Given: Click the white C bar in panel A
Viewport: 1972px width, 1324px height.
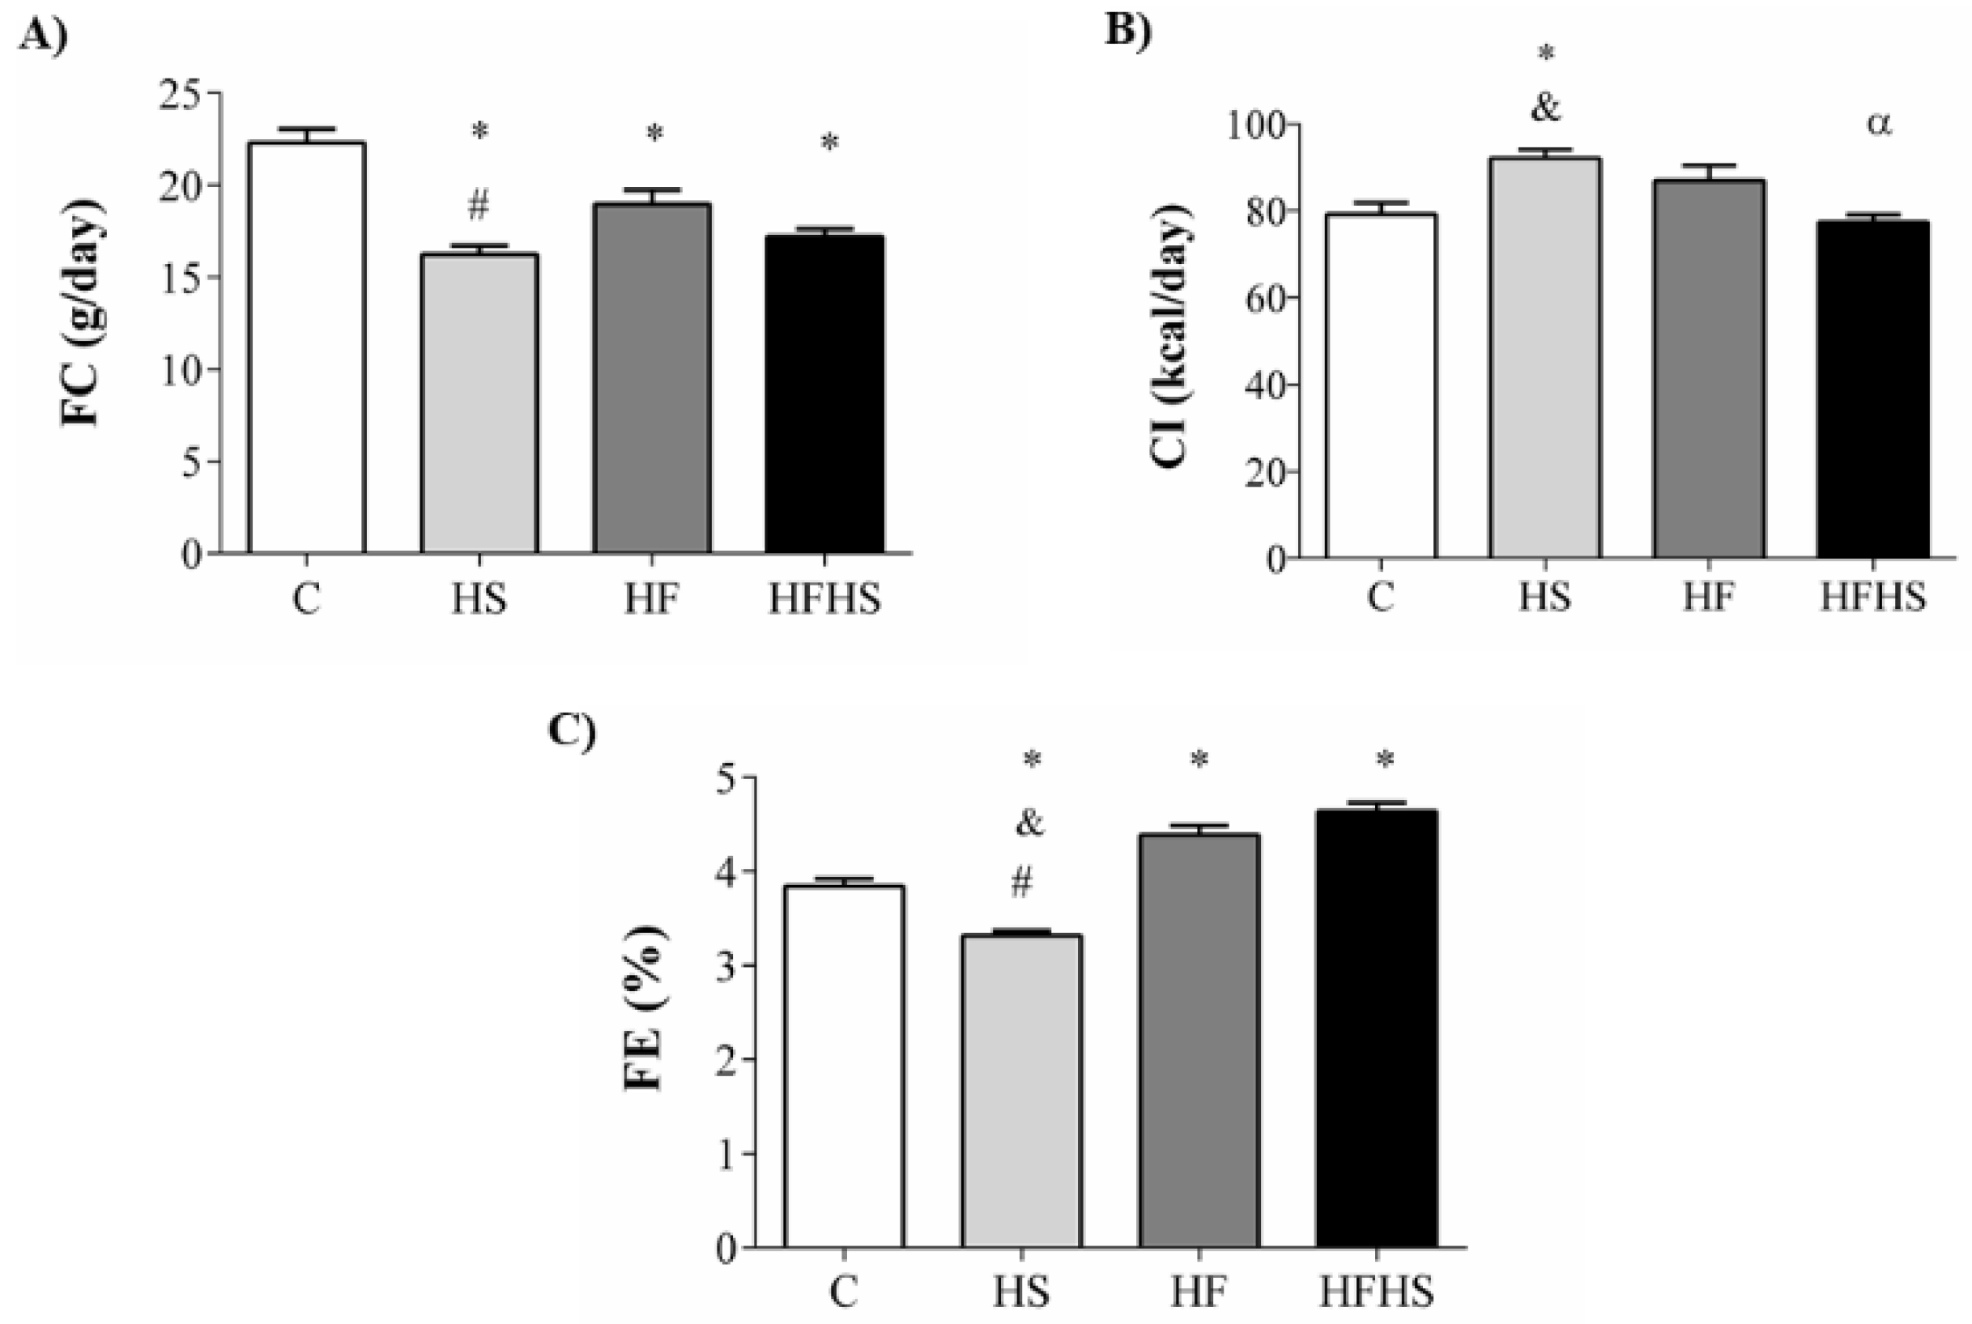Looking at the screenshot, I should coord(307,347).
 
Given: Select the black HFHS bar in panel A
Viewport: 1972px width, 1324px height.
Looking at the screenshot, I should coord(824,394).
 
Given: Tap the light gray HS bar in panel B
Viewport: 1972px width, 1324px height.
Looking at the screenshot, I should coord(1544,358).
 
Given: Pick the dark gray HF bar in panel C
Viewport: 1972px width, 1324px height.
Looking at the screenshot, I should coord(1199,1041).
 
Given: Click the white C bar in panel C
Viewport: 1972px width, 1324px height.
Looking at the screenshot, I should coord(844,1066).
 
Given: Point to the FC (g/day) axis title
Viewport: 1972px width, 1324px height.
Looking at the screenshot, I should coord(82,313).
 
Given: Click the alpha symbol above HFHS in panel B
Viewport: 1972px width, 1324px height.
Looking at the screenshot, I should coord(1878,125).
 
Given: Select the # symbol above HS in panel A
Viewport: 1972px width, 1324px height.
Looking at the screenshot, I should coord(478,205).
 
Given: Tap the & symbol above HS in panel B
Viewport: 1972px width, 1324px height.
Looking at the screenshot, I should coord(1544,108).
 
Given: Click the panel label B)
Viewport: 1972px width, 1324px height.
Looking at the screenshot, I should coord(1128,32).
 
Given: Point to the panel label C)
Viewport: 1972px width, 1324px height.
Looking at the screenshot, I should coord(572,730).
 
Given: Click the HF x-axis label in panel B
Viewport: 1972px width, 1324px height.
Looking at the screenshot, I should coord(1709,597).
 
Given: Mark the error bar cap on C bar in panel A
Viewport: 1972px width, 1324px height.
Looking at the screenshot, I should coord(307,130).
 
